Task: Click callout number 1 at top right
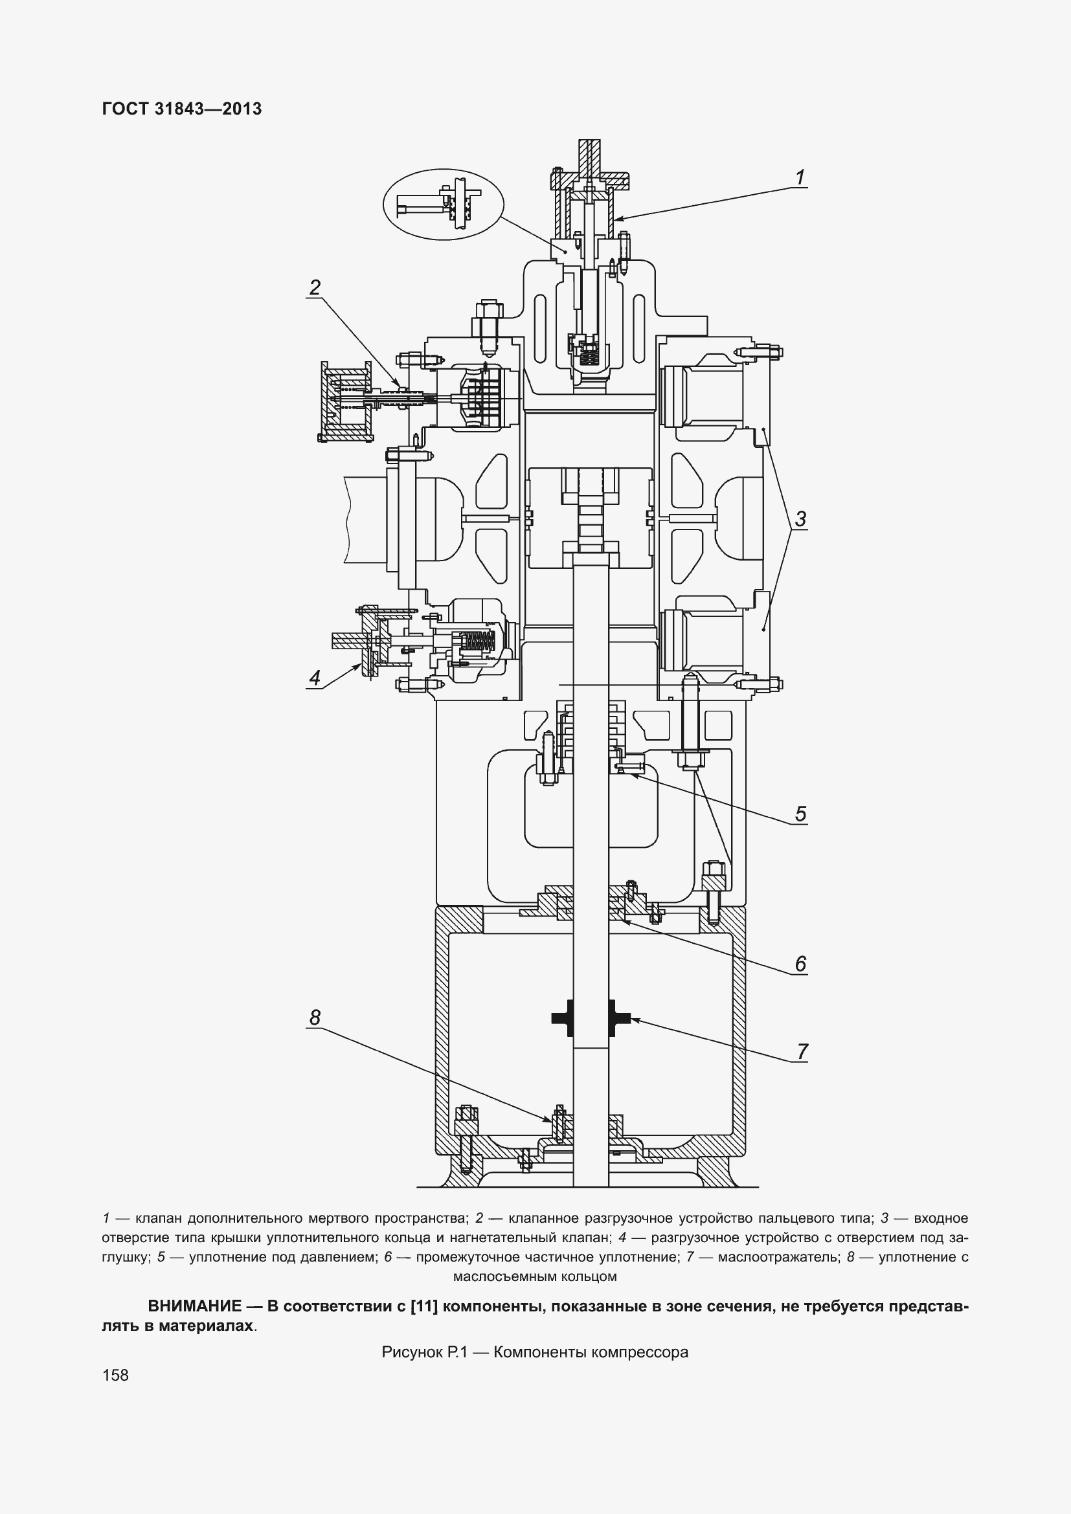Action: pyautogui.click(x=800, y=177)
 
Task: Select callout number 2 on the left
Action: pyautogui.click(x=315, y=287)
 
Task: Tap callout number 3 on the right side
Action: pyautogui.click(x=800, y=519)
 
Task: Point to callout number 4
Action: pyautogui.click(x=315, y=677)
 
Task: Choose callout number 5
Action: pyautogui.click(x=800, y=814)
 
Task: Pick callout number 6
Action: pyautogui.click(x=800, y=964)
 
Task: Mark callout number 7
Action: pyautogui.click(x=801, y=1051)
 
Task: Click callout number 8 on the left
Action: pyautogui.click(x=315, y=1018)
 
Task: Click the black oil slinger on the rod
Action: pyautogui.click(x=591, y=1018)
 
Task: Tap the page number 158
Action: pyautogui.click(x=115, y=1375)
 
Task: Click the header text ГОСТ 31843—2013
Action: pyautogui.click(x=182, y=109)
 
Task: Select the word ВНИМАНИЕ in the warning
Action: pyautogui.click(x=194, y=1306)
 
